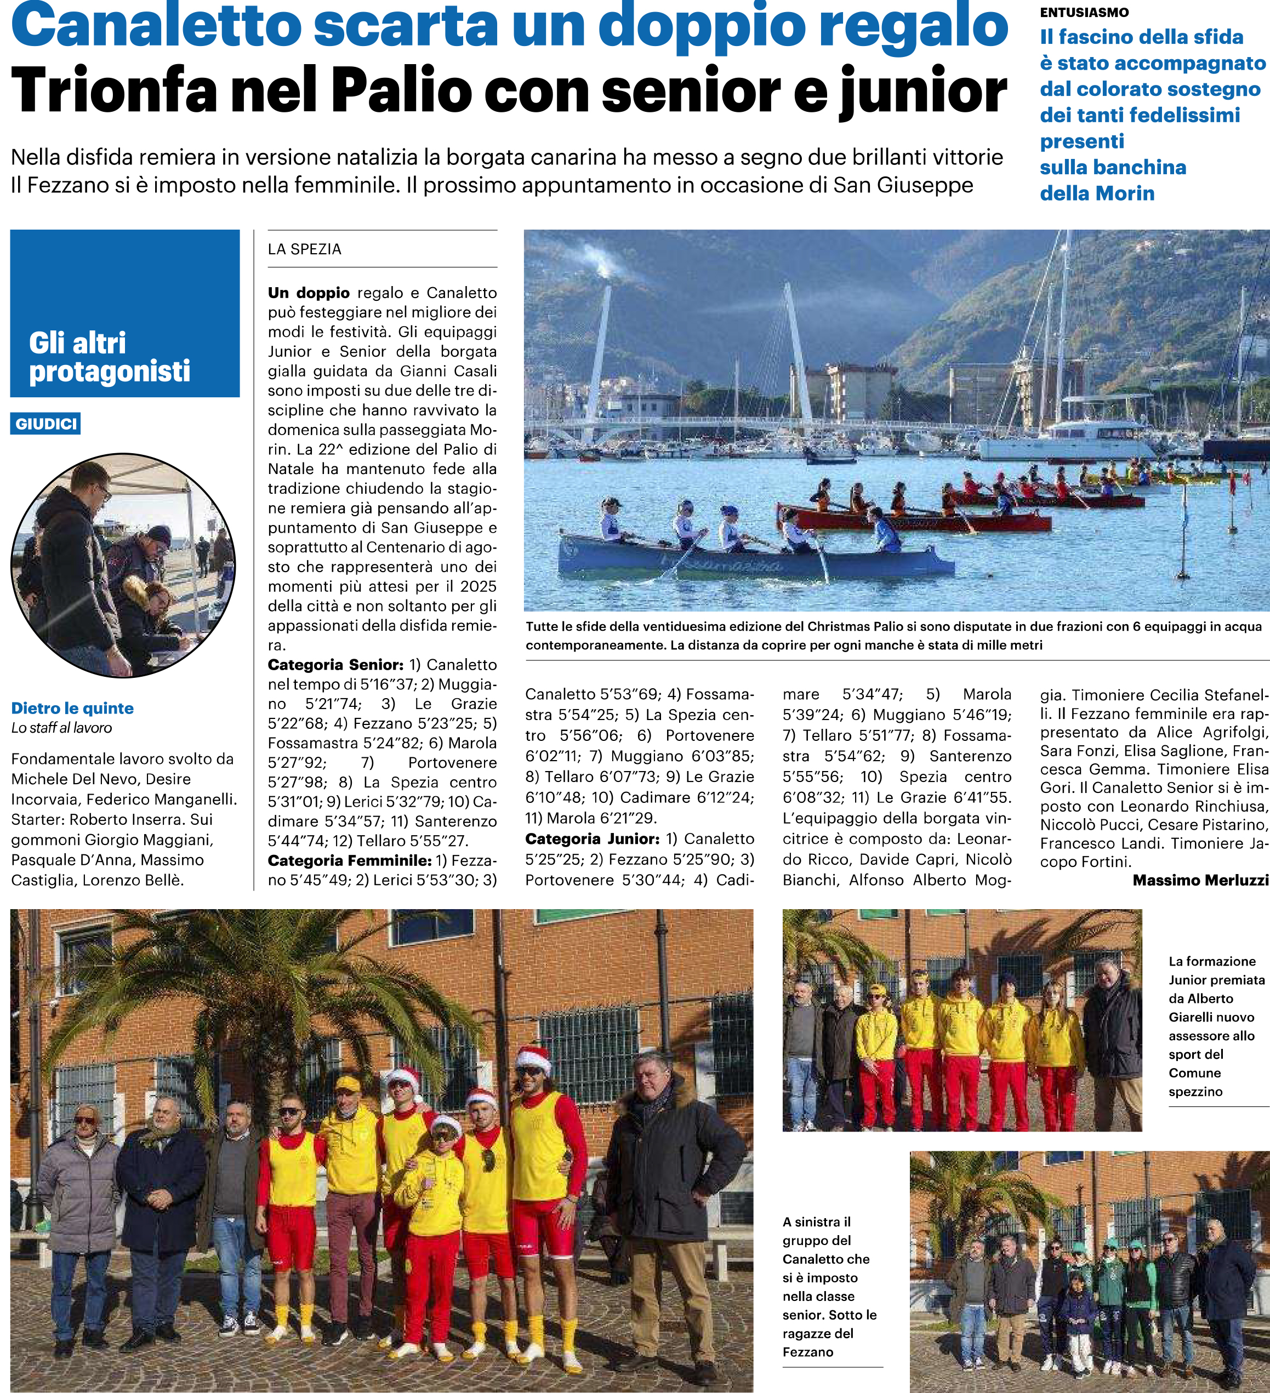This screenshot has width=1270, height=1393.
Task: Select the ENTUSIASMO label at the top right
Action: tap(1084, 13)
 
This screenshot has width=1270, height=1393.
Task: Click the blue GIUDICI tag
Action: tap(45, 424)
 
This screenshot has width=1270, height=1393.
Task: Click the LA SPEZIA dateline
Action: tap(305, 249)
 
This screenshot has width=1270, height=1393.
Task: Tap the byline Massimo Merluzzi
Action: tap(1200, 880)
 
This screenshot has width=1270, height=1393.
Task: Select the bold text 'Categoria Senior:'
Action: tap(335, 665)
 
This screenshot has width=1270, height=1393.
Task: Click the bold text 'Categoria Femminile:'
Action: tap(349, 860)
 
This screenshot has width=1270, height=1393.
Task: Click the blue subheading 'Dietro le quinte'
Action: tap(72, 707)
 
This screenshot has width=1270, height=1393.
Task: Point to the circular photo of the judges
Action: tap(123, 565)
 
